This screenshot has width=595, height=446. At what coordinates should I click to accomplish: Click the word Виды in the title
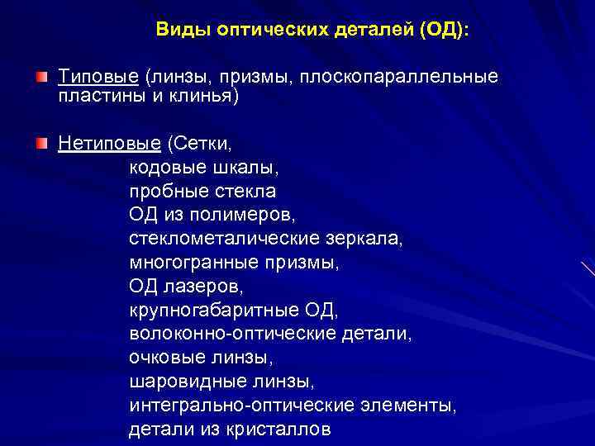click(183, 31)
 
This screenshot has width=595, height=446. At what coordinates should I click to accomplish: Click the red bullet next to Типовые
click(40, 76)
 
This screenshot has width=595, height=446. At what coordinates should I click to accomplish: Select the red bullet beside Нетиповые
click(40, 144)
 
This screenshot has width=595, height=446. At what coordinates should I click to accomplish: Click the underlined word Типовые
click(98, 77)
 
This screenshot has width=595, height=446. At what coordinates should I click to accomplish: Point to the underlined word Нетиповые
click(109, 145)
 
